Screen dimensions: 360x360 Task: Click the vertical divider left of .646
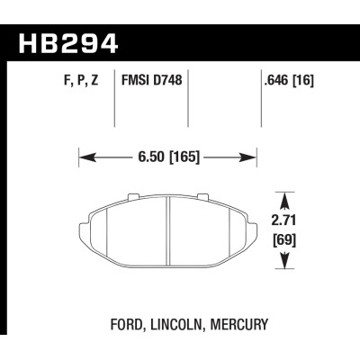(x=259, y=103)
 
